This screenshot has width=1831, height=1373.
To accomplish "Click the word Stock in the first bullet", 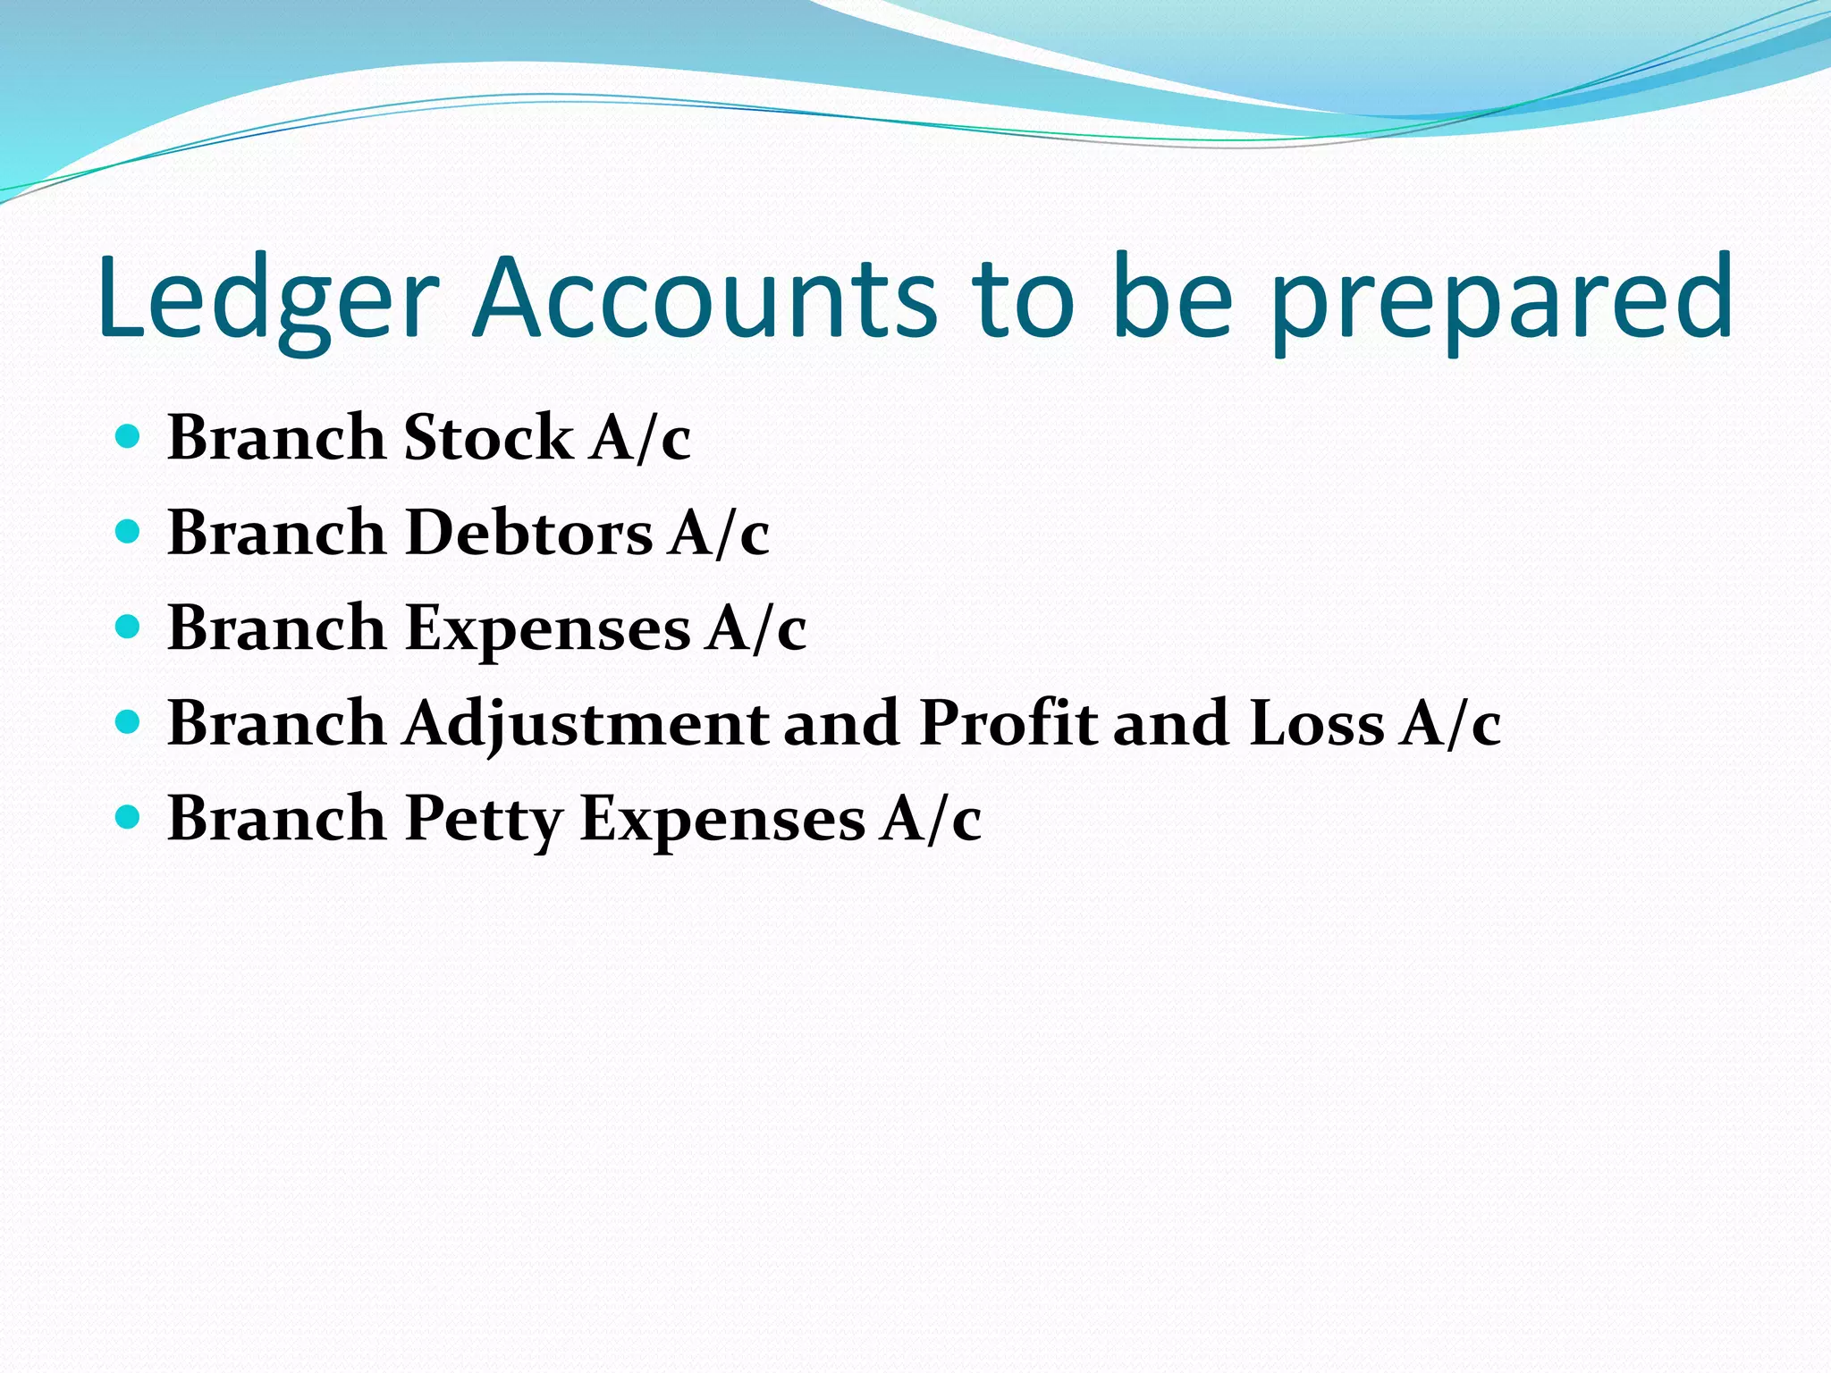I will coord(488,438).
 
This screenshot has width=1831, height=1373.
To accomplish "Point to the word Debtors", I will coord(528,534).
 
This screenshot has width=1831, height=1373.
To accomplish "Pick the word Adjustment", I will coord(586,723).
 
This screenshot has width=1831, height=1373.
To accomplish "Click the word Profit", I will coord(1008,723).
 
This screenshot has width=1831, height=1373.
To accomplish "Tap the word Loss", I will coord(1317,723).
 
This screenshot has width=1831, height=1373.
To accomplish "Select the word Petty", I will coord(484,819).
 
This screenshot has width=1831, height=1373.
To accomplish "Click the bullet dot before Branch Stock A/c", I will coord(129,436).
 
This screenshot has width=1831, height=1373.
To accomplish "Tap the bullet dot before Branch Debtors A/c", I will coord(129,532).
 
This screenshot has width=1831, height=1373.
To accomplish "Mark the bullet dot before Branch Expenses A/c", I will coord(129,627).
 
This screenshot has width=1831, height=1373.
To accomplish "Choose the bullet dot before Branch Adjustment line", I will coord(129,722).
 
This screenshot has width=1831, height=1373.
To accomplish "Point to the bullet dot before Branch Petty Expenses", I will coord(129,817).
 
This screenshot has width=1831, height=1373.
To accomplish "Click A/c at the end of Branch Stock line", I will coord(640,438).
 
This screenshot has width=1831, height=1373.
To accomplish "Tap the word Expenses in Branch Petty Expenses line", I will coord(722,819).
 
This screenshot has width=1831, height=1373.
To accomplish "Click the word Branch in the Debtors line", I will coord(276,534).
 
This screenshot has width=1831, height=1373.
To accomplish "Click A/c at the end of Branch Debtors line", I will coord(719,534).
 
